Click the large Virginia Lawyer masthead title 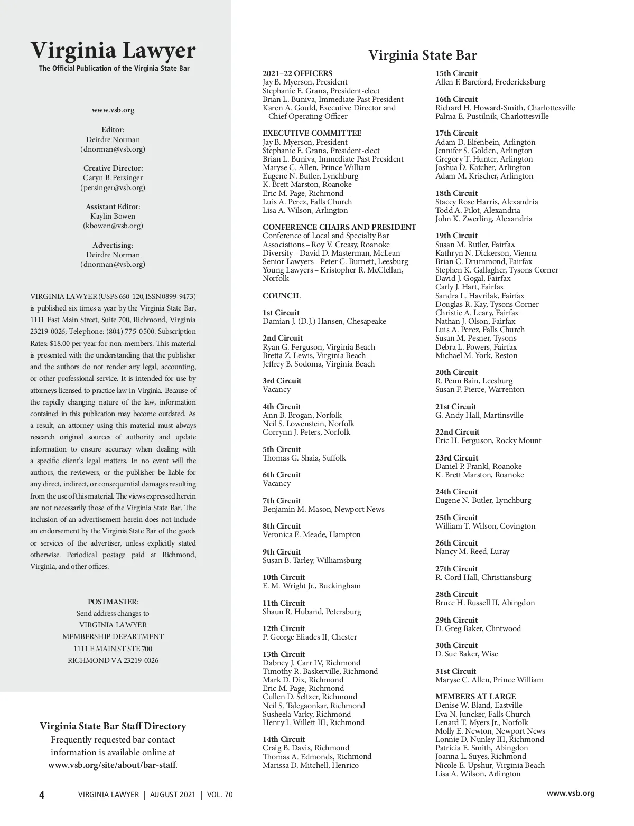point(113,51)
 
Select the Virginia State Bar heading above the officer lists point(422,55)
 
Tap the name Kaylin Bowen point(113,216)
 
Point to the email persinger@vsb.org point(113,187)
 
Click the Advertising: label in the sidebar point(113,245)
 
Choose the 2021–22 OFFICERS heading point(297,73)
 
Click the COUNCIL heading point(281,296)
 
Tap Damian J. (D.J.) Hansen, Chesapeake point(324,321)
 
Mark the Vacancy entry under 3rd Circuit point(276,389)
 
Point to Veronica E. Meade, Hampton point(311,534)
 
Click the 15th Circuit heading point(456,73)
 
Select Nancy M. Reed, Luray point(472,551)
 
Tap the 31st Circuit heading point(455,671)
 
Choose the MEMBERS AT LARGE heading point(475,697)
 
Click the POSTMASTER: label point(113,602)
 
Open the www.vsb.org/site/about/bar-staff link point(112,765)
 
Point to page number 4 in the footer point(42,795)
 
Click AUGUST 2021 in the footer point(172,795)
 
